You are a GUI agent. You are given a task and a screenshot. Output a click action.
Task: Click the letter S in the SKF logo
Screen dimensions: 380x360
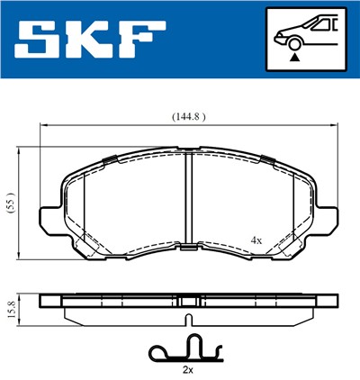[x=37, y=40]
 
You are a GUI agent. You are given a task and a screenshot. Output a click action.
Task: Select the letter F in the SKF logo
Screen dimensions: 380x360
[x=143, y=40]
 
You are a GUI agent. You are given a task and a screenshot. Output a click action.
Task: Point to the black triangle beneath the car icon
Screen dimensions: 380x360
[x=293, y=57]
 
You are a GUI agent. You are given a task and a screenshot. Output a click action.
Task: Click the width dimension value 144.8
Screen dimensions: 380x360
[x=185, y=115]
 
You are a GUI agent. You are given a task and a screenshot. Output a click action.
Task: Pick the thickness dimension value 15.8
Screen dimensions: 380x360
[x=10, y=308]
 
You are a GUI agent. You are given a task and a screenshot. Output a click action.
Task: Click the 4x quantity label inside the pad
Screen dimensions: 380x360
[x=256, y=240]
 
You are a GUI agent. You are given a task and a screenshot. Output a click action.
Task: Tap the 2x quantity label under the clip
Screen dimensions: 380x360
[x=186, y=369]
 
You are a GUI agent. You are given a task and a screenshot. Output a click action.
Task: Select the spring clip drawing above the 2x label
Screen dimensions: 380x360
[x=186, y=348]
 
